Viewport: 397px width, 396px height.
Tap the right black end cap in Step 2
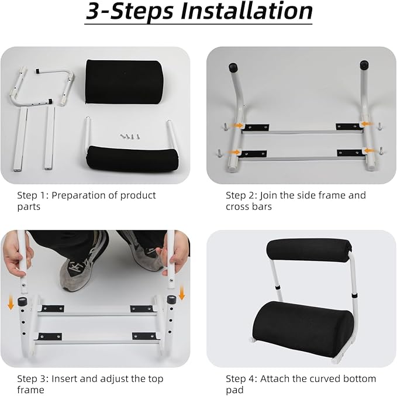coord(364,65)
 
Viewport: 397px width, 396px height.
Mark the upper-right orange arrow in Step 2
coord(365,125)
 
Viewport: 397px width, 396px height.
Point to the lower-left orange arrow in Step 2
coord(234,152)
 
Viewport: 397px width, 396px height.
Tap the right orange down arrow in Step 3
coord(182,291)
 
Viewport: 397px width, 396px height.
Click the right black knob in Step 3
coord(172,300)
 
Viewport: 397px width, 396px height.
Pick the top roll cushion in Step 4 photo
coord(308,250)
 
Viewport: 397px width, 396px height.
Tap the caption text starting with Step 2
coord(295,201)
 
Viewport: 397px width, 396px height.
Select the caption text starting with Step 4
coord(300,384)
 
